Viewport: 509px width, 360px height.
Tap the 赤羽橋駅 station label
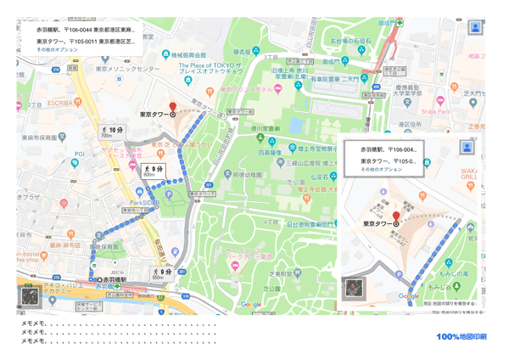point(114,279)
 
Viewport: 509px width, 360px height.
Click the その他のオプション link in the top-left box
point(58,50)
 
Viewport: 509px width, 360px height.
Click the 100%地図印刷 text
point(461,337)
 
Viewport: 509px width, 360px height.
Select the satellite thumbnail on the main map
point(30,296)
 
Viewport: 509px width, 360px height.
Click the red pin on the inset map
point(394,217)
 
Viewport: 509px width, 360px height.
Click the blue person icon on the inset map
point(466,147)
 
